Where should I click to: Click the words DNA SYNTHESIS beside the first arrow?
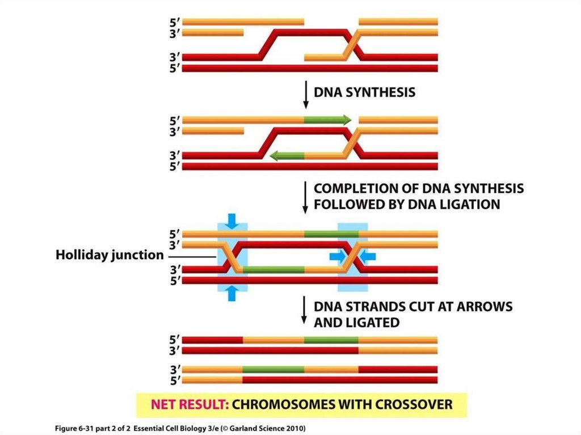[364, 92]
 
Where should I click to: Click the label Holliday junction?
[109, 255]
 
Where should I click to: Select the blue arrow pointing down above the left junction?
[231, 221]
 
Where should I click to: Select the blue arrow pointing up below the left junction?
[231, 293]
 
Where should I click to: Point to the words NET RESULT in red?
[186, 405]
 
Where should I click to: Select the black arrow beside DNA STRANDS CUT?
[306, 313]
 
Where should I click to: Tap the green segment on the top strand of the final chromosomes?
[331, 339]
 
